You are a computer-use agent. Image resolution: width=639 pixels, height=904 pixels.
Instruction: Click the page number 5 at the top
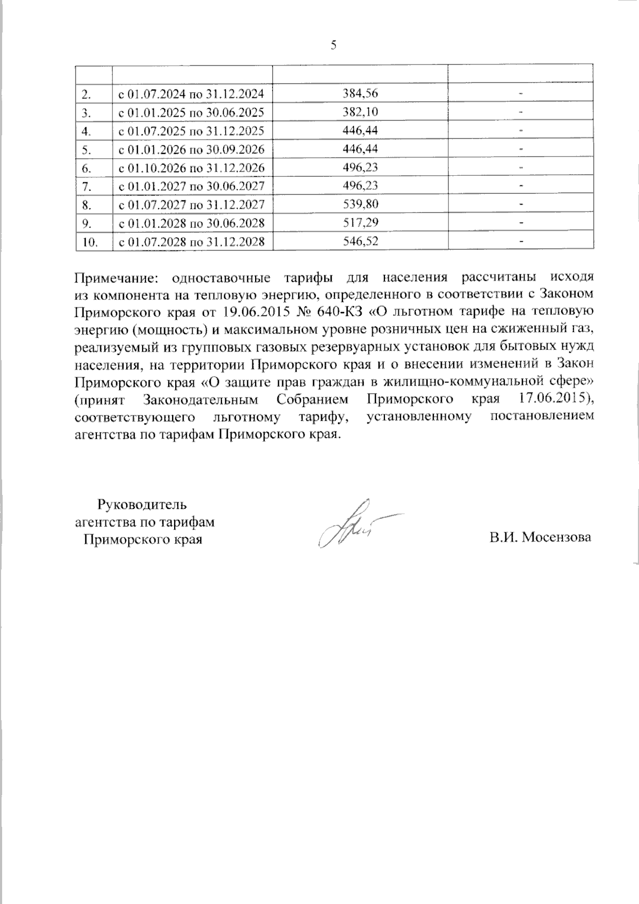coord(334,45)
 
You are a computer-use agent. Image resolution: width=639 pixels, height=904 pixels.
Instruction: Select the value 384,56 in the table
coord(361,94)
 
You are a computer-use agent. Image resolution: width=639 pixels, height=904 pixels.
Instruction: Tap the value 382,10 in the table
coord(361,112)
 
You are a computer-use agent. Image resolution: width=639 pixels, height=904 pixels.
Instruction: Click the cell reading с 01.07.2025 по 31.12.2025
coord(191,131)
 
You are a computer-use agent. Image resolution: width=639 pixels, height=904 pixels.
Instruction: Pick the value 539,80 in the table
coord(361,204)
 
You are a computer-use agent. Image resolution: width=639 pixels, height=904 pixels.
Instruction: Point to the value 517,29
coord(361,223)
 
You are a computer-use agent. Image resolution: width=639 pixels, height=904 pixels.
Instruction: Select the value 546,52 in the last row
coord(361,241)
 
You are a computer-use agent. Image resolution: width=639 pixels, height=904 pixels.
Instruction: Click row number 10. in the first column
coord(89,242)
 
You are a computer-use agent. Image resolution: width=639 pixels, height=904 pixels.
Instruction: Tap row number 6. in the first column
coord(87,168)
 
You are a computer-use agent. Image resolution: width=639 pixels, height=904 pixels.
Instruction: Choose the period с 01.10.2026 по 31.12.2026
coord(191,168)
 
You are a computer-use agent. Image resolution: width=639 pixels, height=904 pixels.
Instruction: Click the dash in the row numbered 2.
coord(521,94)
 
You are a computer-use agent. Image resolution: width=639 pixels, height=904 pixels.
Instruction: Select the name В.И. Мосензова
coord(540,537)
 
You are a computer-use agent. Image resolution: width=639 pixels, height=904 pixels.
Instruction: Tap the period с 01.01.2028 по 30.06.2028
coord(191,223)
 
